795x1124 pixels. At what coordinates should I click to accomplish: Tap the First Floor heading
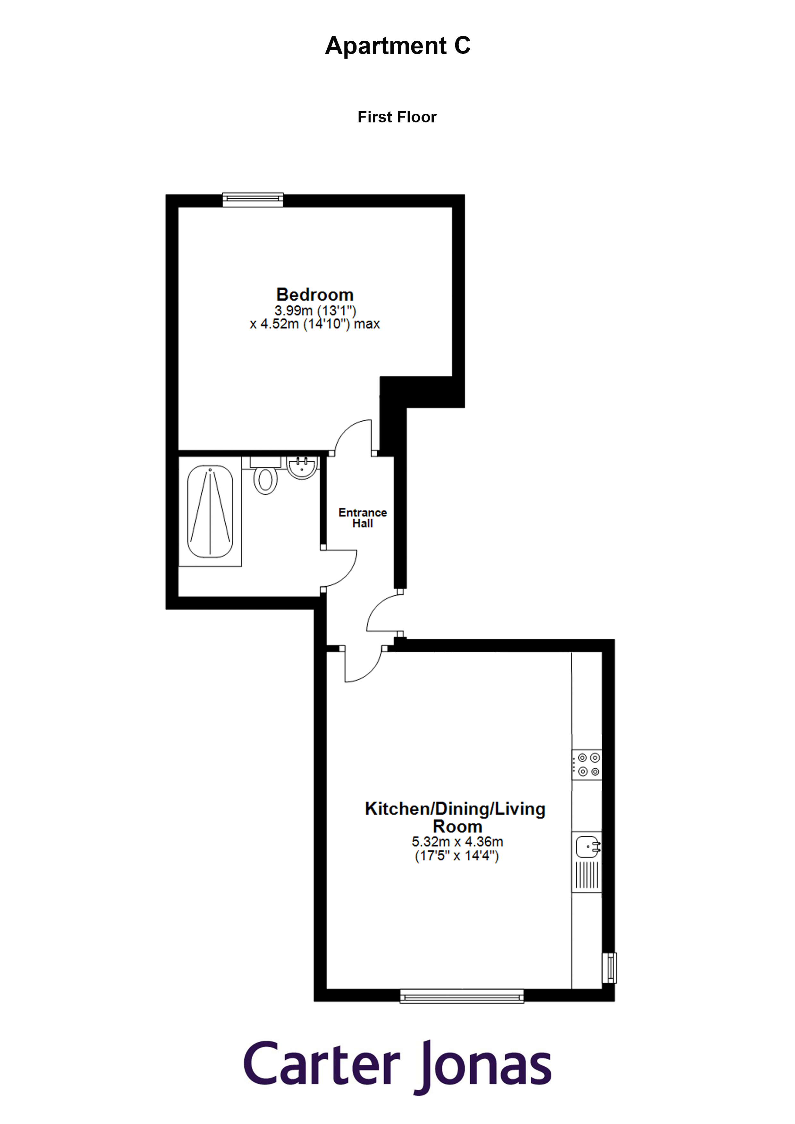click(397, 117)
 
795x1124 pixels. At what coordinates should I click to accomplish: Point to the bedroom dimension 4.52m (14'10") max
click(315, 324)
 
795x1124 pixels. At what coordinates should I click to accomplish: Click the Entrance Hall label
click(363, 518)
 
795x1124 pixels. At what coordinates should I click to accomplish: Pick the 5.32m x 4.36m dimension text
click(457, 841)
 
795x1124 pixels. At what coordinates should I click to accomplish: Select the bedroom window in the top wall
click(253, 199)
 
